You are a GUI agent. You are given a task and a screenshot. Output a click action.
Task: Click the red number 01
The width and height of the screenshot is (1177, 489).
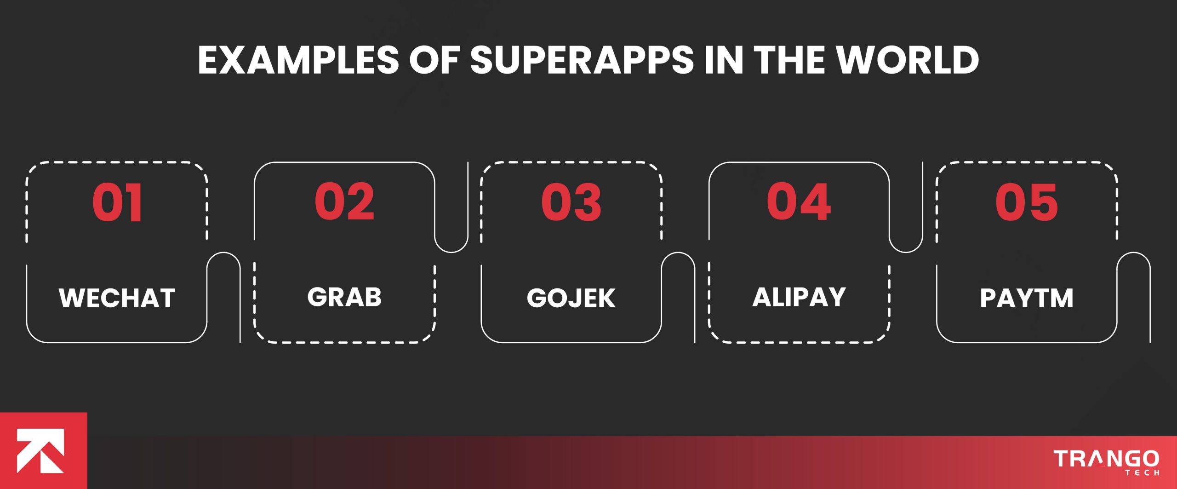(x=117, y=202)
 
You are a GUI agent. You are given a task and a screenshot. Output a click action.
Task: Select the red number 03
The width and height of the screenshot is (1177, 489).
(x=571, y=202)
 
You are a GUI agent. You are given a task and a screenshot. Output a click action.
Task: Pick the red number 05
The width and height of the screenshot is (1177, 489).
(x=1027, y=202)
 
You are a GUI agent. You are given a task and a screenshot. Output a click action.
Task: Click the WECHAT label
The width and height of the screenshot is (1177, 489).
(x=117, y=298)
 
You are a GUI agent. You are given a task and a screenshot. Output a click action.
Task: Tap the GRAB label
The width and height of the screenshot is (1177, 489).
(x=344, y=297)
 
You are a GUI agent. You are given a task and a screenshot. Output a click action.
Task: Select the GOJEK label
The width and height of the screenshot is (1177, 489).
(x=571, y=298)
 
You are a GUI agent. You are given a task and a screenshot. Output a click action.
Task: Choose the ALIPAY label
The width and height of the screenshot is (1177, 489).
(x=799, y=297)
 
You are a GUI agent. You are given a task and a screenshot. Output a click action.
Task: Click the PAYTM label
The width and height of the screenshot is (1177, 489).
(x=1027, y=298)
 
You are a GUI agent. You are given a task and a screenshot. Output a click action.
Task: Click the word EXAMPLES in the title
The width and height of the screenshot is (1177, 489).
(x=298, y=60)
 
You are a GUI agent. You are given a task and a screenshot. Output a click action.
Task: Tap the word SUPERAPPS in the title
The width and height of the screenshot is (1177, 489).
(x=582, y=60)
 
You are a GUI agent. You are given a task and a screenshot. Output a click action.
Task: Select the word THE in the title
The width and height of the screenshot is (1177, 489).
(x=789, y=60)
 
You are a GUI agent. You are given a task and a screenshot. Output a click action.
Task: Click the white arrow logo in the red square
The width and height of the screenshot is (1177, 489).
(x=40, y=451)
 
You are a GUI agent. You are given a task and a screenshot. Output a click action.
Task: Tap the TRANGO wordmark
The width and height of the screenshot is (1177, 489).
(x=1106, y=459)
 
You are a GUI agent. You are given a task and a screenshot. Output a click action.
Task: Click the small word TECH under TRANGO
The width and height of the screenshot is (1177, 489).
(x=1142, y=472)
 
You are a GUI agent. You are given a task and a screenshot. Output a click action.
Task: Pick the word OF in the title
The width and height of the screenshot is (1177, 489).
(x=434, y=60)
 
